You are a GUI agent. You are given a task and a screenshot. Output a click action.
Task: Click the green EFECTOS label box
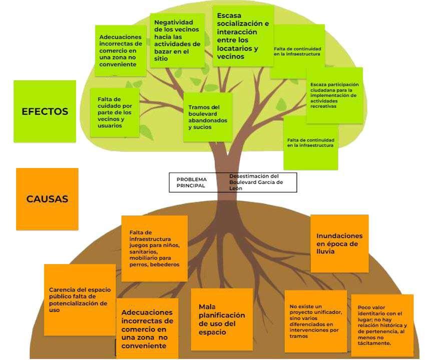point(45,111)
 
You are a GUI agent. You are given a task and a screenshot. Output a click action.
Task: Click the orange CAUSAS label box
point(47,199)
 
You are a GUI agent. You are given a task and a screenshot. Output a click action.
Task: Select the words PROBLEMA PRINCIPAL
point(192,182)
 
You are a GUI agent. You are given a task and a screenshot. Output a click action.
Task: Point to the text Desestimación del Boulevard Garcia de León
point(256,182)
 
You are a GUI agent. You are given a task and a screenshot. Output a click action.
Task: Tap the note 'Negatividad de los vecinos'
point(177,40)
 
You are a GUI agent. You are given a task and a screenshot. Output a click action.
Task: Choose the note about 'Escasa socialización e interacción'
point(243,35)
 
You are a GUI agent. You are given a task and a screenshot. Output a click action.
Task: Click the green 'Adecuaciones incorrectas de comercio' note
point(121,50)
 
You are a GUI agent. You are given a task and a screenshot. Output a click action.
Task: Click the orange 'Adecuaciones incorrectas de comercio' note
point(147,328)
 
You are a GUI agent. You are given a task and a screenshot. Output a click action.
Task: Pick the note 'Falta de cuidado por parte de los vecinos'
point(115,112)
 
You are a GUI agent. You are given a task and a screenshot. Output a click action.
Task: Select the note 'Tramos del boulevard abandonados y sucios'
point(208,117)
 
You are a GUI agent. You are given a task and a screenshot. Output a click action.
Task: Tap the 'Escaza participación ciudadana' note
point(335,95)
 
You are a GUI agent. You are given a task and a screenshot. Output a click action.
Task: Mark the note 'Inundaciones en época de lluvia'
point(339,243)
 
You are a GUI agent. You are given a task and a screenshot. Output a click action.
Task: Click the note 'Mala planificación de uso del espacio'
point(222,319)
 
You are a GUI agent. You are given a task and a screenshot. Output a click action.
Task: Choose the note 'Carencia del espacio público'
point(80,299)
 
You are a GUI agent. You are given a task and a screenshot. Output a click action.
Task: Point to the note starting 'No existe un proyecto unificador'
point(316,321)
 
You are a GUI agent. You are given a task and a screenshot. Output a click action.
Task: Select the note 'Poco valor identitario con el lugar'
point(382,325)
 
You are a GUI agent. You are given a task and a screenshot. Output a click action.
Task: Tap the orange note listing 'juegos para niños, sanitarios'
point(155,248)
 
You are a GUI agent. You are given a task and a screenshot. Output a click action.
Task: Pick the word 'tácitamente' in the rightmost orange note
point(374,343)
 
